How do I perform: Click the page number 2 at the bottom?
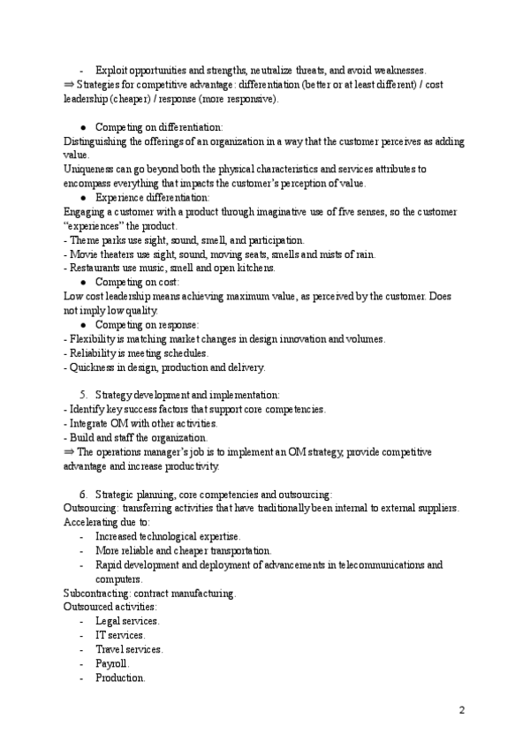[461, 711]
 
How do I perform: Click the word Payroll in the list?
[112, 662]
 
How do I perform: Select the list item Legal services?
[127, 621]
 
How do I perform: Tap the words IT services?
[120, 635]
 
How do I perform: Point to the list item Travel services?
[129, 649]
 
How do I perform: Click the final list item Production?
[120, 677]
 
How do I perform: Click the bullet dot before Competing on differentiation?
[82, 127]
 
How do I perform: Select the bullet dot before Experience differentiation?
[82, 198]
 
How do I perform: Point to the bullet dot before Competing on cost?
[82, 282]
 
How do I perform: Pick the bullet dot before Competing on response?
[82, 325]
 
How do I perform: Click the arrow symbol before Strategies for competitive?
[70, 85]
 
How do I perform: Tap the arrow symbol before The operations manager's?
[70, 451]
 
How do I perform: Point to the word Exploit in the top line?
[111, 70]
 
